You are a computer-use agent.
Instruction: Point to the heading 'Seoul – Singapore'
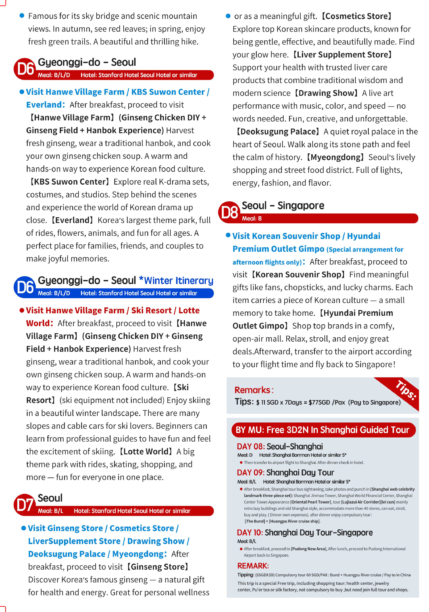pyautogui.click(x=283, y=206)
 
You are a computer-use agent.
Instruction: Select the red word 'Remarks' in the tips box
pyautogui.click(x=252, y=390)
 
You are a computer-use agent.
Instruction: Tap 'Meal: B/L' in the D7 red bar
pyautogui.click(x=50, y=511)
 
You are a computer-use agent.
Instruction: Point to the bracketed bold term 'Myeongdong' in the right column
pyautogui.click(x=335, y=157)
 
